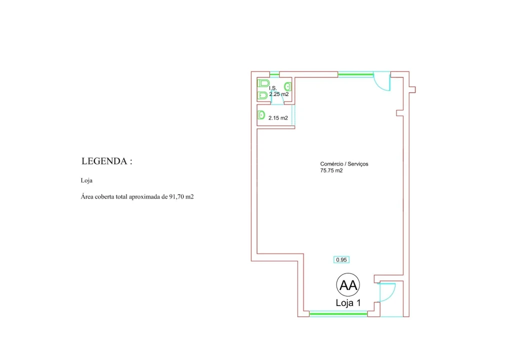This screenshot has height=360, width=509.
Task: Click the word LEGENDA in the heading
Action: tap(104, 161)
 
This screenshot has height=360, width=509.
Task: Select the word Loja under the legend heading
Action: tap(86, 180)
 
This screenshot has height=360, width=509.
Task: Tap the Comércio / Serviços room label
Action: tap(344, 164)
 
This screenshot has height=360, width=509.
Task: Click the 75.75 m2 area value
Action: tap(331, 170)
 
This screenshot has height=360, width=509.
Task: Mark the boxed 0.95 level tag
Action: tap(341, 259)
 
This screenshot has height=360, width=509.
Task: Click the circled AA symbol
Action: tap(348, 284)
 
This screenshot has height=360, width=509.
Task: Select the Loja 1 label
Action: tap(348, 303)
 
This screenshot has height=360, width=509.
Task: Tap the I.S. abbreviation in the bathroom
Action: tap(272, 88)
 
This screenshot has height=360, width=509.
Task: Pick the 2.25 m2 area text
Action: tap(279, 94)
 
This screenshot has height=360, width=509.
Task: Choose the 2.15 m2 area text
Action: tap(278, 118)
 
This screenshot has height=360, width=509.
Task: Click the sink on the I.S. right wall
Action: tap(287, 86)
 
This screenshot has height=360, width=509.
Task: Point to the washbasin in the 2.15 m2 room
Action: tap(261, 115)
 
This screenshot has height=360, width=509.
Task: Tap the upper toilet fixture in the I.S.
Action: tap(263, 83)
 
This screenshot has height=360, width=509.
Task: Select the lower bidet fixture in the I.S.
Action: tap(262, 95)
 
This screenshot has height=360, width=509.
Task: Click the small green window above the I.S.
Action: tap(274, 74)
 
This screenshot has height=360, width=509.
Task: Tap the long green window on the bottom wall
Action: tap(338, 313)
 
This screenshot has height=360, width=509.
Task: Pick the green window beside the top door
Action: tap(355, 74)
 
